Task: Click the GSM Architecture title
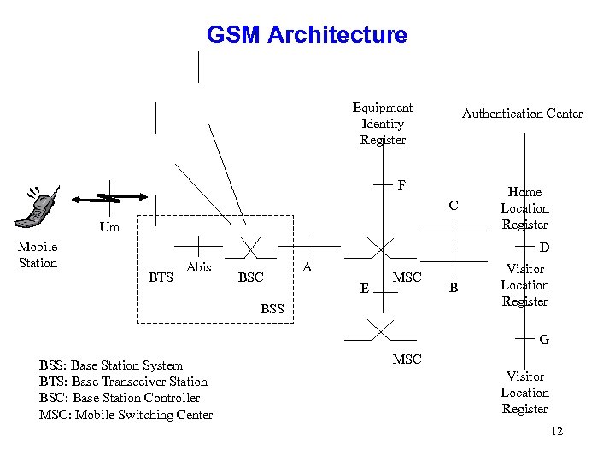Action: pyautogui.click(x=307, y=35)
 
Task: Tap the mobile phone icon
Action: pyautogui.click(x=39, y=206)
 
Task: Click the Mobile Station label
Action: pyautogui.click(x=38, y=255)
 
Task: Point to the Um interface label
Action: pyautogui.click(x=109, y=228)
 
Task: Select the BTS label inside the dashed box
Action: pyautogui.click(x=161, y=277)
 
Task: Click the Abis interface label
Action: pyautogui.click(x=198, y=267)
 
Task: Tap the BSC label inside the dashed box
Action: pyautogui.click(x=250, y=277)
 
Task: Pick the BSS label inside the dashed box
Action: pyautogui.click(x=272, y=308)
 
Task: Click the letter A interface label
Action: pyautogui.click(x=307, y=267)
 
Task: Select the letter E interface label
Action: pyautogui.click(x=365, y=289)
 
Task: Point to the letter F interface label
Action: pyautogui.click(x=401, y=184)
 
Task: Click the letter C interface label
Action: pyautogui.click(x=454, y=206)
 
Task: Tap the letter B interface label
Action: pyautogui.click(x=454, y=289)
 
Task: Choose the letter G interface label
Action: pyautogui.click(x=544, y=340)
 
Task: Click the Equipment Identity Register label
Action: pyautogui.click(x=383, y=124)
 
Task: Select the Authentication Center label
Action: pyautogui.click(x=522, y=113)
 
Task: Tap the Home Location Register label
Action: pyautogui.click(x=524, y=208)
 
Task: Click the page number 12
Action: pyautogui.click(x=557, y=431)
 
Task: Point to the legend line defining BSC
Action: pyautogui.click(x=120, y=398)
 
